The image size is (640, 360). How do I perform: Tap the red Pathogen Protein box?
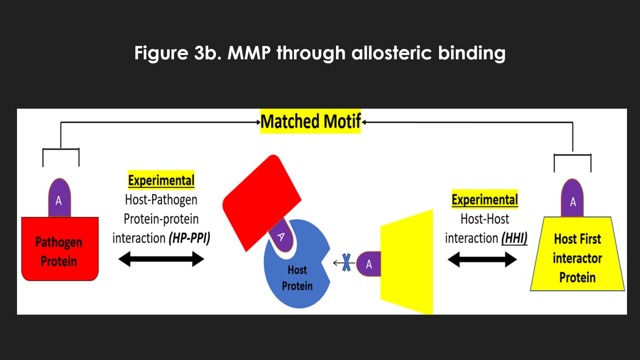tap(59, 249)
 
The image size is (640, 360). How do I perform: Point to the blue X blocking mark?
tap(345, 263)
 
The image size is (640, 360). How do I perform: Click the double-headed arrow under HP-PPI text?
tap(161, 259)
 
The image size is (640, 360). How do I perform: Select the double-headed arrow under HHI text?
tap(482, 259)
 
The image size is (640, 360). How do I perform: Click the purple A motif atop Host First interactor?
tap(573, 200)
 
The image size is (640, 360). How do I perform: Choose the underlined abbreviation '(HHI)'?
tap(514, 238)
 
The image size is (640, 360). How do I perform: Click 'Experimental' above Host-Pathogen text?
tap(161, 180)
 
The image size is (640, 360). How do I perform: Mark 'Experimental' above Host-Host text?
tap(484, 200)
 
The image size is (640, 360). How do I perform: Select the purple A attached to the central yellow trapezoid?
tap(369, 264)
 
